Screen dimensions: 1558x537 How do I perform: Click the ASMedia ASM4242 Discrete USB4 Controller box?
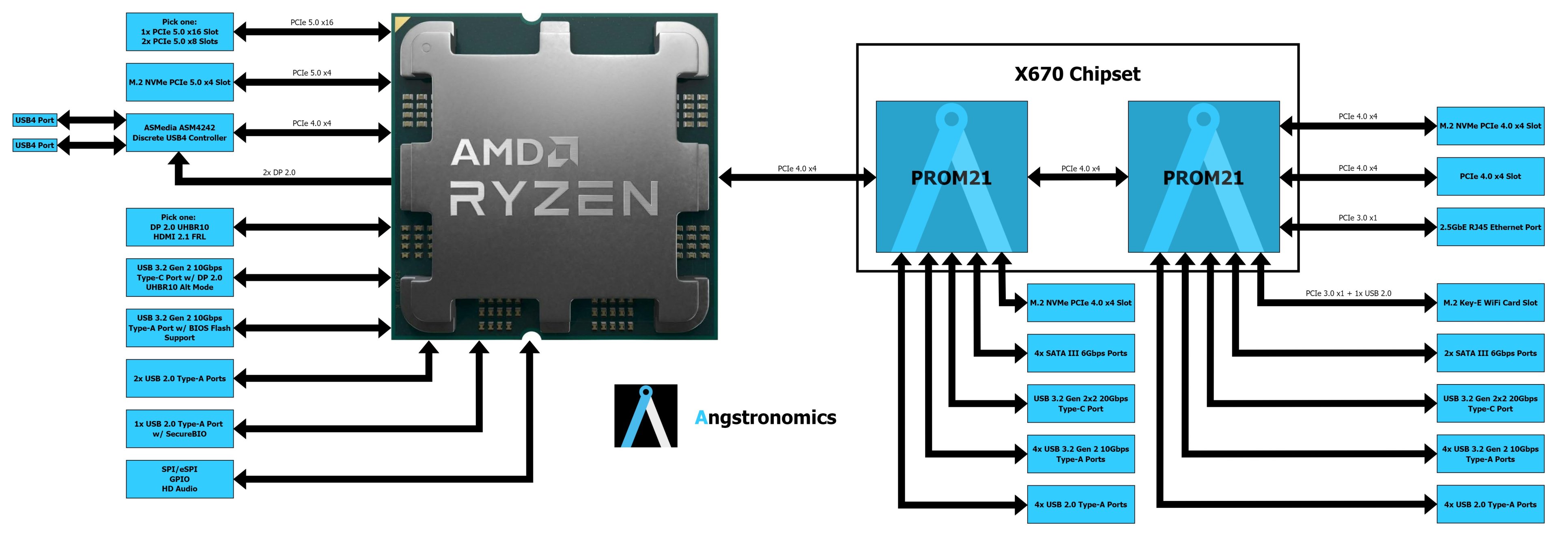click(x=180, y=133)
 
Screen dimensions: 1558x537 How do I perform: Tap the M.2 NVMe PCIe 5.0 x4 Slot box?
click(x=180, y=82)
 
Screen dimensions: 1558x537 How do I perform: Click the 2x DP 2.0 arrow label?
click(x=279, y=172)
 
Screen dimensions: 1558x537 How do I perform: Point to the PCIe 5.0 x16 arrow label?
click(x=312, y=22)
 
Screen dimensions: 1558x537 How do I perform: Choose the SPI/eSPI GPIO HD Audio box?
click(x=180, y=479)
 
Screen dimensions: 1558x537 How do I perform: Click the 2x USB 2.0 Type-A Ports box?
click(x=180, y=378)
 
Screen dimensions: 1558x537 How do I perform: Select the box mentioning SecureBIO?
click(x=180, y=429)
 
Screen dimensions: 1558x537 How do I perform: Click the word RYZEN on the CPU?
click(x=554, y=198)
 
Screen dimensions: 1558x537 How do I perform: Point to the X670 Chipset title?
click(x=1077, y=74)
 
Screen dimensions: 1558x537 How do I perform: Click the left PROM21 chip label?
click(x=951, y=178)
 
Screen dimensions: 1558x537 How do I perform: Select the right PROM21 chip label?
click(x=1203, y=178)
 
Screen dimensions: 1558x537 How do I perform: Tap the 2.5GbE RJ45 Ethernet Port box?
click(x=1490, y=227)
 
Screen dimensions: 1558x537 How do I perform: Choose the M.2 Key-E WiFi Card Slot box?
click(x=1490, y=302)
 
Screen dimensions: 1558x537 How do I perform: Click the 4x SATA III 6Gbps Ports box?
click(x=1081, y=353)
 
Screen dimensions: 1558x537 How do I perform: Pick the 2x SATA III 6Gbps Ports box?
click(x=1490, y=353)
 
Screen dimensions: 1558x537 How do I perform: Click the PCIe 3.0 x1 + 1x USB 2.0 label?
click(x=1348, y=293)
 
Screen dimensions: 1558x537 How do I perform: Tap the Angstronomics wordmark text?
click(x=765, y=417)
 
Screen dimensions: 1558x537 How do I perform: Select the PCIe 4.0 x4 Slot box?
click(x=1490, y=176)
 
